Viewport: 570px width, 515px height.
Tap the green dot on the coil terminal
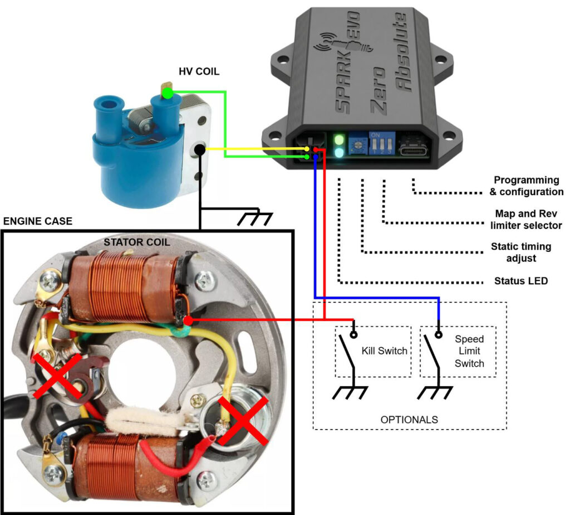click(168, 94)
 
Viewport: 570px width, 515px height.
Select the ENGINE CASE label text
click(38, 221)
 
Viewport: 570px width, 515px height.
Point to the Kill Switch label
click(384, 352)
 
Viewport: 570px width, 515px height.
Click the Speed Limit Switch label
click(469, 351)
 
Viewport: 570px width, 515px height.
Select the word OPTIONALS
click(409, 419)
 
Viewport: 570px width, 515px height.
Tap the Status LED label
click(521, 281)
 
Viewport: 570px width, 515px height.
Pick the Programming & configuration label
click(528, 186)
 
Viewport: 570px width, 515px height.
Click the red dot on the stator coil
click(189, 321)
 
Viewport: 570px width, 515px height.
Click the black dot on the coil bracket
click(199, 150)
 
